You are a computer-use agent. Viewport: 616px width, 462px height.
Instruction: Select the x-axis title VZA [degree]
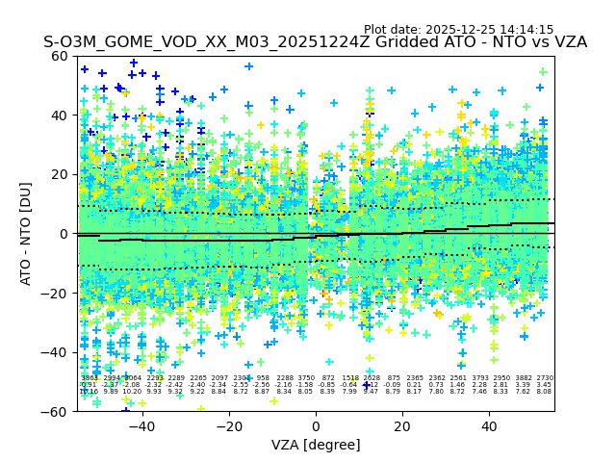[x=316, y=445]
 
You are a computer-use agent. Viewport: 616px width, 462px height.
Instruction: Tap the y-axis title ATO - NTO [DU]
[x=27, y=234]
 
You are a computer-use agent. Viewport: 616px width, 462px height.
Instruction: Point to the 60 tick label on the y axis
[x=61, y=56]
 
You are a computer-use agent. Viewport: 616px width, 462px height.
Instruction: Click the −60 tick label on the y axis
[x=57, y=411]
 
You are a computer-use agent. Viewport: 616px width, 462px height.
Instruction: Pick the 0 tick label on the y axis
[x=64, y=234]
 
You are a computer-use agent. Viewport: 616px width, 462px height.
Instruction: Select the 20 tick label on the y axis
[x=61, y=174]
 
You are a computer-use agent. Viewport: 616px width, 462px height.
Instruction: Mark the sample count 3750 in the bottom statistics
[x=306, y=378]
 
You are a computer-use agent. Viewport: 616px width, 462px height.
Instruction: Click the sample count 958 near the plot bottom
[x=263, y=378]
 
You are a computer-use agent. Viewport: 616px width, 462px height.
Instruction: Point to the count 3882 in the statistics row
[x=523, y=378]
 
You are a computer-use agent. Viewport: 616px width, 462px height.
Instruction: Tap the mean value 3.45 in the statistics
[x=545, y=385]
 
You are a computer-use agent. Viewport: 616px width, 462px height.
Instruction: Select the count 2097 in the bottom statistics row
[x=219, y=378]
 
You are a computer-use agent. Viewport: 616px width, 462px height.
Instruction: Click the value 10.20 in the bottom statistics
[x=132, y=392]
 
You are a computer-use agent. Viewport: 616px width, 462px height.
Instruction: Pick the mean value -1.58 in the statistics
[x=306, y=385]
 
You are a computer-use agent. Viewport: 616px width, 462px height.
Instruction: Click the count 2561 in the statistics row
[x=458, y=378]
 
